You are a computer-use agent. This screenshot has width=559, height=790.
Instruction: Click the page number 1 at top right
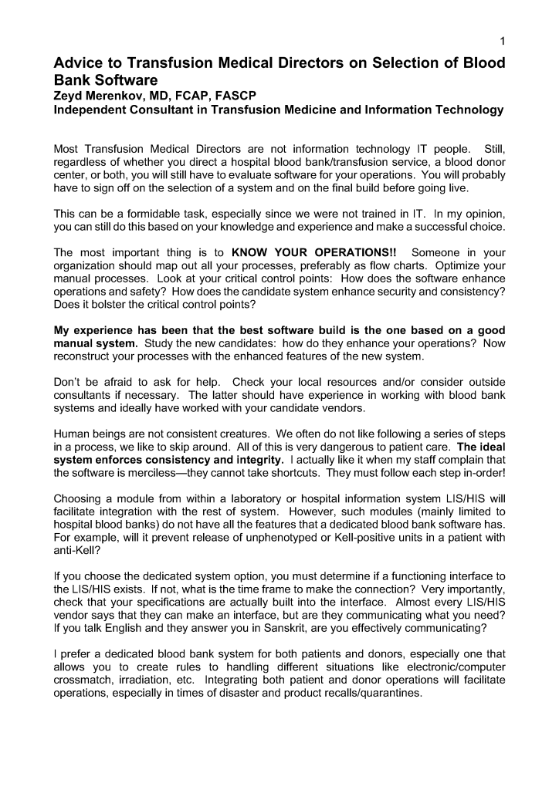point(502,41)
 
